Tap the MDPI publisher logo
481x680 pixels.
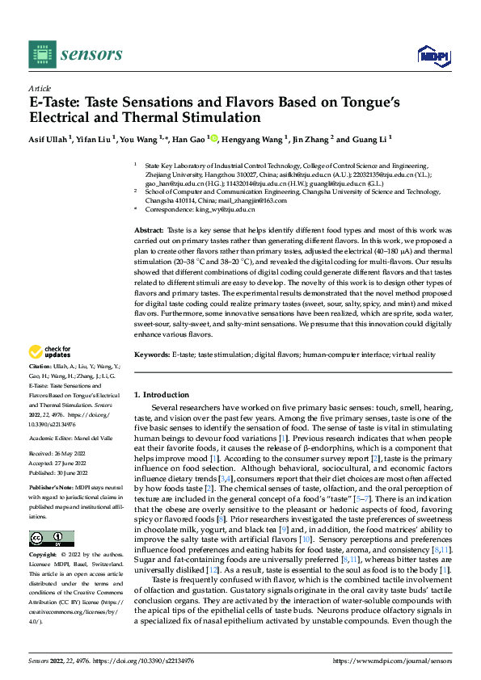(x=429, y=55)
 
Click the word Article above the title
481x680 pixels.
(x=40, y=88)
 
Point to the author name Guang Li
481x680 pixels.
(x=372, y=138)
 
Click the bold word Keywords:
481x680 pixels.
(x=152, y=354)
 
